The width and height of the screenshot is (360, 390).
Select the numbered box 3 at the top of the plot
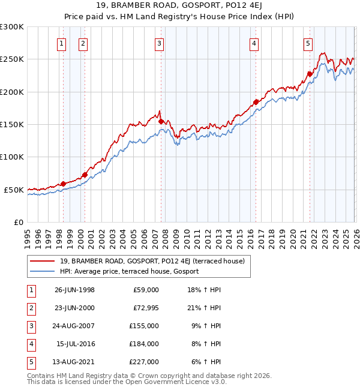click(x=159, y=43)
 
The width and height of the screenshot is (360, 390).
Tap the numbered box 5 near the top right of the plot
click(x=308, y=43)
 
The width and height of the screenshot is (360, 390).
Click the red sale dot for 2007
click(x=161, y=121)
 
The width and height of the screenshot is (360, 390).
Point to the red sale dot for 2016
click(x=256, y=102)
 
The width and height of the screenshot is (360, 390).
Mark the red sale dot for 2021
click(x=310, y=74)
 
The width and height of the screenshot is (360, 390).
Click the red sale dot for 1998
click(x=64, y=184)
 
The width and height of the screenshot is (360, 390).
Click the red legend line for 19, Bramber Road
click(x=43, y=261)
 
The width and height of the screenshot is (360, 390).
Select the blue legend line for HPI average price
click(x=43, y=271)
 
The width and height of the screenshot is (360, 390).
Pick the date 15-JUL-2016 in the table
click(x=75, y=343)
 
